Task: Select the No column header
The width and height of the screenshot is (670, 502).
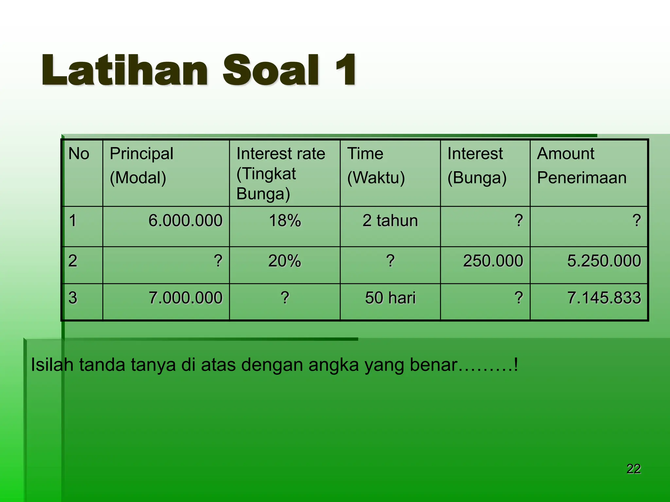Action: [x=79, y=154]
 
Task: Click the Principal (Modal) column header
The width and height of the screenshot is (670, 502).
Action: [x=141, y=165]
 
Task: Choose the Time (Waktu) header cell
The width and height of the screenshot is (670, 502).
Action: [x=376, y=165]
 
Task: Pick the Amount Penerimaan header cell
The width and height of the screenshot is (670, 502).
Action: [x=582, y=165]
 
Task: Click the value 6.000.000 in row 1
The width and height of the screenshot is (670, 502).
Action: [x=185, y=221]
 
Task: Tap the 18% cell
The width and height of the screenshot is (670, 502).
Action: [x=285, y=221]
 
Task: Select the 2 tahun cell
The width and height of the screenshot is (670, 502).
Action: [x=390, y=221]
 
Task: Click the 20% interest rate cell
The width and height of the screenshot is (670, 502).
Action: [x=285, y=261]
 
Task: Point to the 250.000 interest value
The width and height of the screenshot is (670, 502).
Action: [x=493, y=261]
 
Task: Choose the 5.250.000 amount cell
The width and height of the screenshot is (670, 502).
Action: [x=604, y=261]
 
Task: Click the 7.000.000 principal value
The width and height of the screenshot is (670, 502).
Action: [x=185, y=298]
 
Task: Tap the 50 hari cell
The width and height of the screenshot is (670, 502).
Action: [x=390, y=298]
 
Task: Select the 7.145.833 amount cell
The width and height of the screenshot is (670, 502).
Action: [x=604, y=298]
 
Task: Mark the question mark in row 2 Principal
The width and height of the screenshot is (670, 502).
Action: [x=218, y=261]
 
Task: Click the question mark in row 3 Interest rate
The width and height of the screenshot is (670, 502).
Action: [x=285, y=298]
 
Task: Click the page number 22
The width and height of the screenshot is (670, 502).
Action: [x=633, y=469]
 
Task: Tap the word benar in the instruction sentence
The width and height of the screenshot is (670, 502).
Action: [x=433, y=365]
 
